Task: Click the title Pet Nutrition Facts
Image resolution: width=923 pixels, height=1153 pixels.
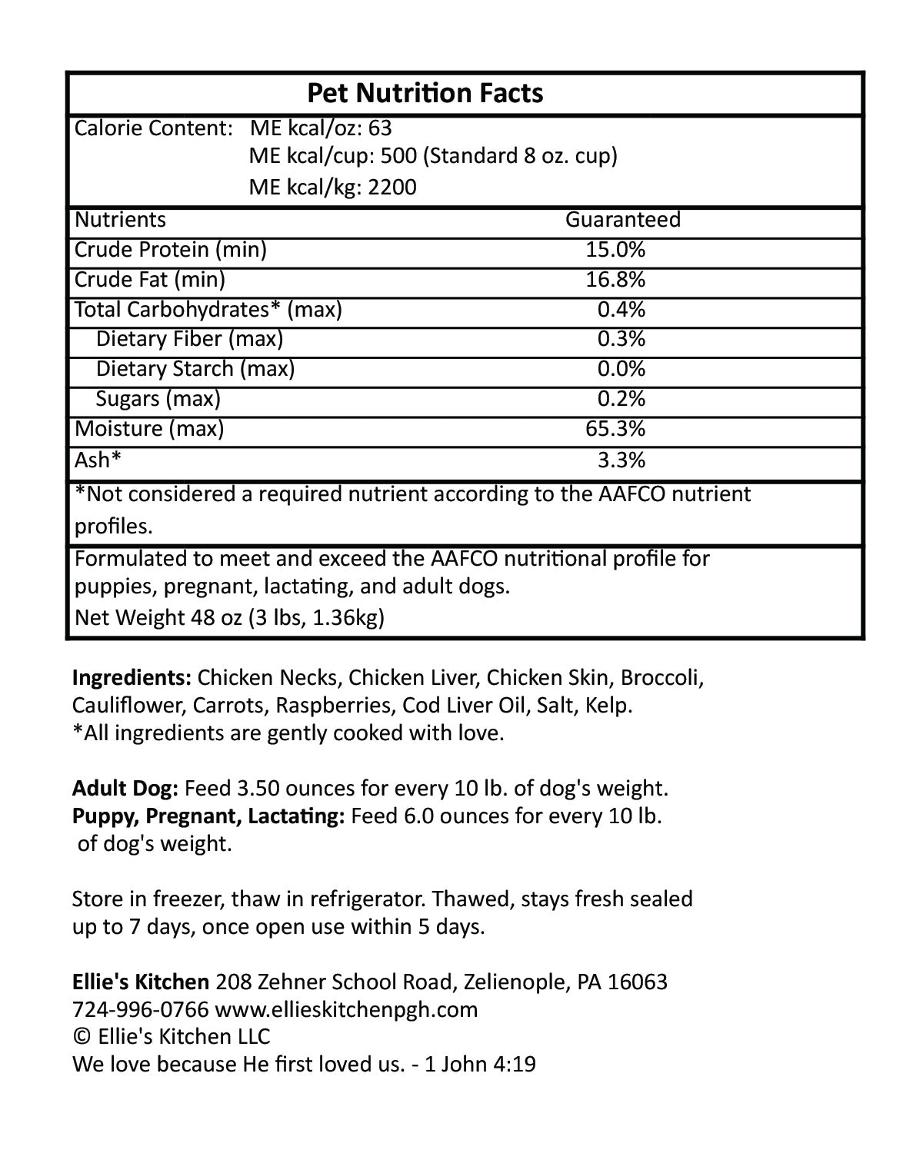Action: pos(425,93)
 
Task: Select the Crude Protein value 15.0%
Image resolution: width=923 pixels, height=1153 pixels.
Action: pos(615,250)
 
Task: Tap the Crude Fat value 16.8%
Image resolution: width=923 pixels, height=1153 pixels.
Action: pos(615,280)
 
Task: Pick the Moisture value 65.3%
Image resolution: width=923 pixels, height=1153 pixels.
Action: pos(615,428)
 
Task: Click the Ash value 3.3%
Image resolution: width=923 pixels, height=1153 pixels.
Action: pos(621,460)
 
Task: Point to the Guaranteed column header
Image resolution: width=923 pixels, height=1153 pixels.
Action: pos(623,220)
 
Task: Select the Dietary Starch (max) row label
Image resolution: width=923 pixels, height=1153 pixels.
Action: pos(195,369)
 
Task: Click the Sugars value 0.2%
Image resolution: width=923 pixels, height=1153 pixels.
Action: pos(621,399)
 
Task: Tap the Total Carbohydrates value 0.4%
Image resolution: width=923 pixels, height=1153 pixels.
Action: pos(621,309)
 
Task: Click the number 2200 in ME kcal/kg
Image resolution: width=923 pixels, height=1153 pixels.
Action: pos(392,188)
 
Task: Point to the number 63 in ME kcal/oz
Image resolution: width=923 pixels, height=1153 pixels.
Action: pos(380,128)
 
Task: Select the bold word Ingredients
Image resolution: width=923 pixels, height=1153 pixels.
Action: pos(132,678)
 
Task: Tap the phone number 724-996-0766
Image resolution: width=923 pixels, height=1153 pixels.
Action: pos(140,1009)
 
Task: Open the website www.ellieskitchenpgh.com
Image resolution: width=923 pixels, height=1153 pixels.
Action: pos(346,1009)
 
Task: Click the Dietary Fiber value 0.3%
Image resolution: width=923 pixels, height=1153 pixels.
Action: pos(621,339)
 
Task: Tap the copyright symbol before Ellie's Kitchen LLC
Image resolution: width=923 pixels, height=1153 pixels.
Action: pos(82,1037)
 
